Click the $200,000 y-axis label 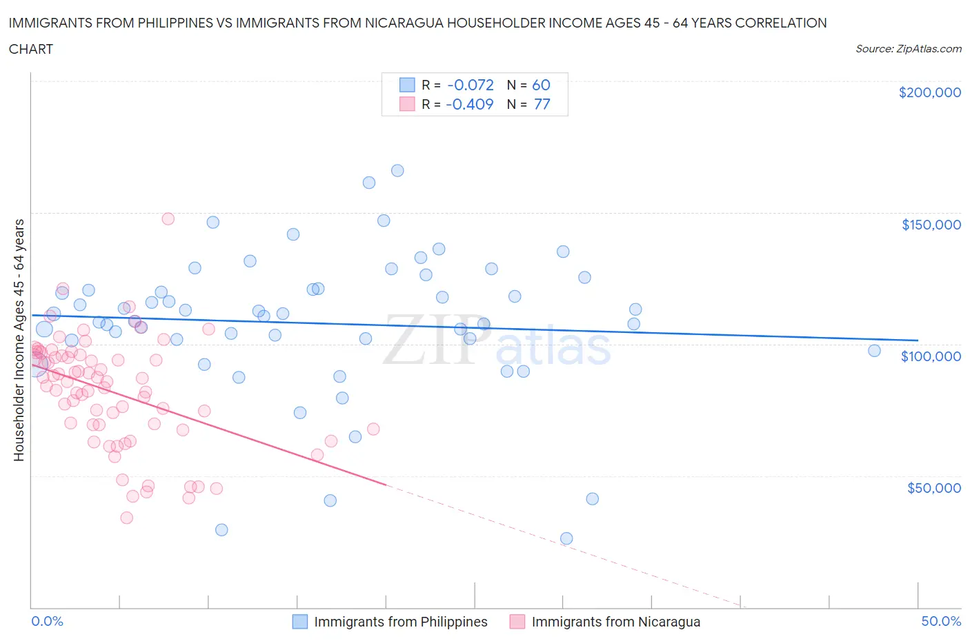929,93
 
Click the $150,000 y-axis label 931,225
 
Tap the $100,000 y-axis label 931,356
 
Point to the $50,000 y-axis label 933,488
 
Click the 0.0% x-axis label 47,621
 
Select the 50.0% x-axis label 941,621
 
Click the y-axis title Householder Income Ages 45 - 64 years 19,340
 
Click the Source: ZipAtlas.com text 908,49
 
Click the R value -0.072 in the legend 471,85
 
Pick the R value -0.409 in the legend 470,104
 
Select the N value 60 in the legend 541,85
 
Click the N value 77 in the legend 542,104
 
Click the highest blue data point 397,170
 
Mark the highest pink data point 168,218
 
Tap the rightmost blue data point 874,350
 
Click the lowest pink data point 126,518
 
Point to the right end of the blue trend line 918,340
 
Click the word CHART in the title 31,49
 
